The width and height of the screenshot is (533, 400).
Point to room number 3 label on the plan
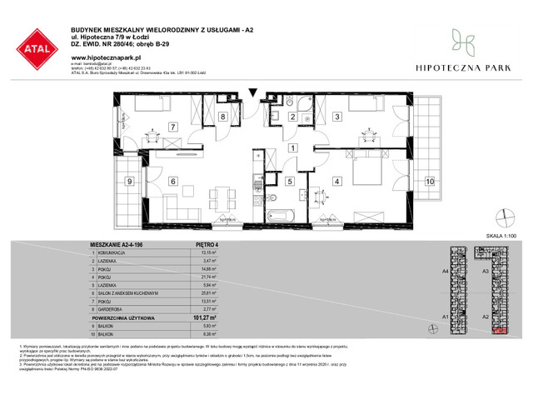[336, 117]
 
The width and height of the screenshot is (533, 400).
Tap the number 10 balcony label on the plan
[430, 181]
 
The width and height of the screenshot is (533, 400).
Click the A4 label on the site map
[446, 272]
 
